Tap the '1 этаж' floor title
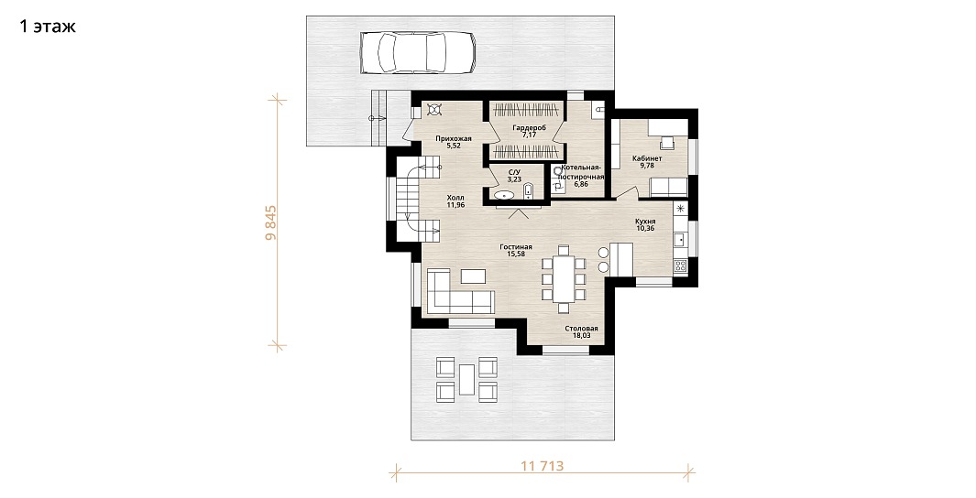(48, 27)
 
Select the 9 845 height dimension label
(271, 222)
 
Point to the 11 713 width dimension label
(543, 465)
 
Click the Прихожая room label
(454, 138)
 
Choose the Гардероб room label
(529, 127)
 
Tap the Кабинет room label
(647, 158)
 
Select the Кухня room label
(645, 221)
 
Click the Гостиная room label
(515, 247)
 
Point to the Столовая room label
(581, 329)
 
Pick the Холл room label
(455, 198)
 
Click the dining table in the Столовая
(565, 278)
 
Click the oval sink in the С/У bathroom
(504, 196)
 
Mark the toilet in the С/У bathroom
(529, 190)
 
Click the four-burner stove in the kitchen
(680, 265)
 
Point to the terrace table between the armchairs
(466, 380)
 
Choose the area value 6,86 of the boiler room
(581, 185)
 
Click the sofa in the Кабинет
(669, 187)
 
